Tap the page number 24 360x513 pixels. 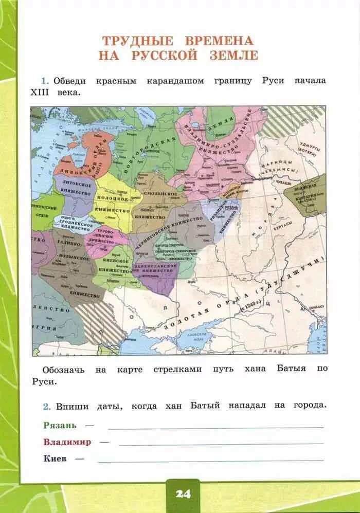point(183,494)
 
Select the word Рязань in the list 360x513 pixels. point(60,425)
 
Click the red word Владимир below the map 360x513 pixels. point(67,442)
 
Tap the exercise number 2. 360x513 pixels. point(46,406)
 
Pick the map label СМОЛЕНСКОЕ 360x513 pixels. point(160,194)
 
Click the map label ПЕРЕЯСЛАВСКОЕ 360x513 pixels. point(155,267)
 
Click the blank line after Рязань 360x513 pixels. point(215,427)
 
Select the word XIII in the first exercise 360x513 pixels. point(42,93)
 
